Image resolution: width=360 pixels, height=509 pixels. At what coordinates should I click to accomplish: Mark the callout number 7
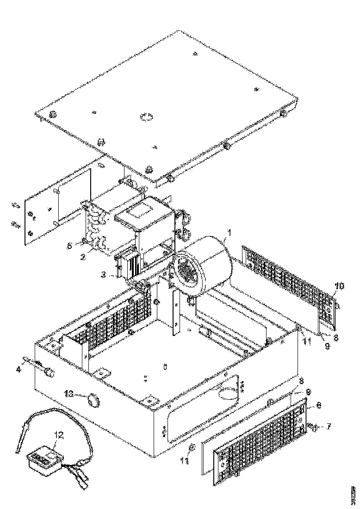pos(329,426)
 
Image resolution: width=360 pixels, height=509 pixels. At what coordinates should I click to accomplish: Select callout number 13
pos(69,393)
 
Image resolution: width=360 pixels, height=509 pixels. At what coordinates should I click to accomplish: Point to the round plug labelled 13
pos(94,399)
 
